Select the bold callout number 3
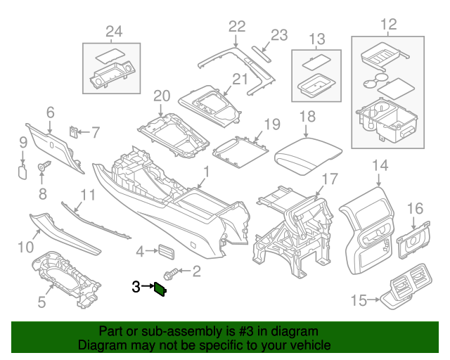pyautogui.click(x=136, y=286)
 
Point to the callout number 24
pyautogui.click(x=113, y=30)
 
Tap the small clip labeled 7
pyautogui.click(x=74, y=131)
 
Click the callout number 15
pyautogui.click(x=358, y=301)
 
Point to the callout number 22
pyautogui.click(x=236, y=26)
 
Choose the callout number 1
pyautogui.click(x=207, y=172)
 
